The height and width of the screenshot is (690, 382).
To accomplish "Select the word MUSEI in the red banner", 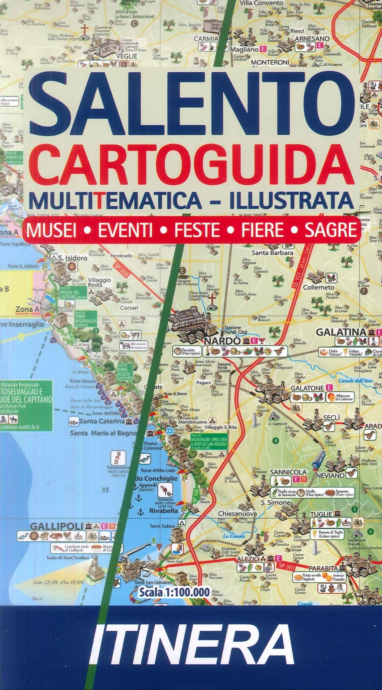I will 50,230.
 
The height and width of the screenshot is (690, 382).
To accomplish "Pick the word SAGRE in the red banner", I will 330,230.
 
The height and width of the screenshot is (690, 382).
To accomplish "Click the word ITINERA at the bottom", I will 191,646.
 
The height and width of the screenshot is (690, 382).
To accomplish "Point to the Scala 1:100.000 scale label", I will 174,592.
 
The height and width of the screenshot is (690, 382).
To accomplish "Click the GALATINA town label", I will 341,332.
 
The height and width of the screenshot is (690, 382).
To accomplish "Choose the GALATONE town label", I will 307,388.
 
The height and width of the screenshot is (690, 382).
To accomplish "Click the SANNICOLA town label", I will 288,472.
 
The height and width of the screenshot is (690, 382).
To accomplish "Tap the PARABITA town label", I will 323,568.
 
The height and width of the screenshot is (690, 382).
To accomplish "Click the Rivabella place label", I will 163,511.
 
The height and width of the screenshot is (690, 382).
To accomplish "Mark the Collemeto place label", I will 319,287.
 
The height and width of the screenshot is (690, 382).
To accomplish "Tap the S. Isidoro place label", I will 73,258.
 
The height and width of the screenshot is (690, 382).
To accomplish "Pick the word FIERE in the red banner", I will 262,230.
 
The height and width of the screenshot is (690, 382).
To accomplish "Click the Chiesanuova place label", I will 238,514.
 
